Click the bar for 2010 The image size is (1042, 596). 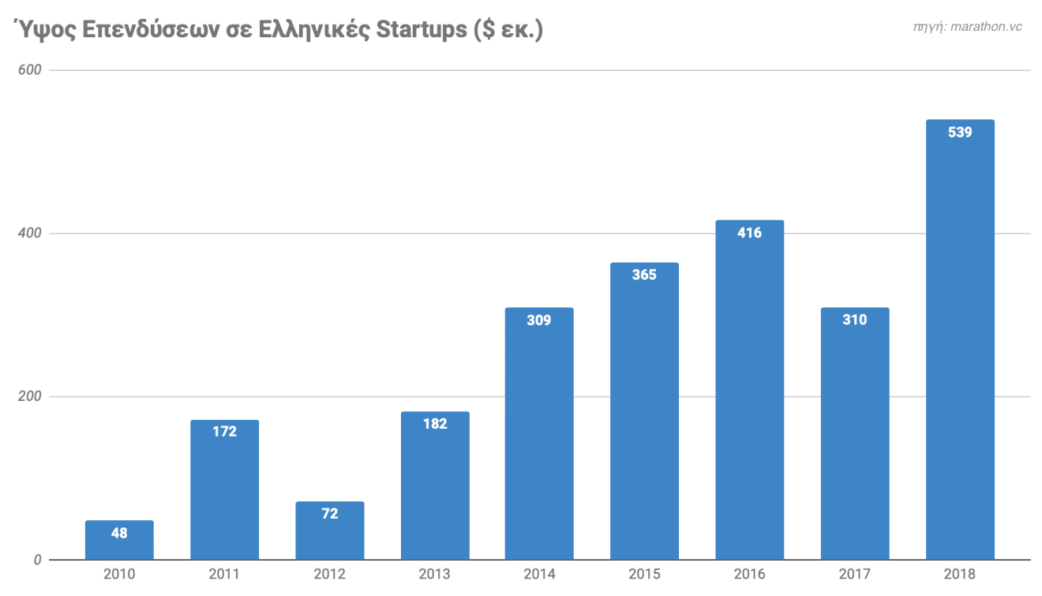(119, 541)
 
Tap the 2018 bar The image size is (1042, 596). (960, 339)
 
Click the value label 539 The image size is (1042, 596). (960, 133)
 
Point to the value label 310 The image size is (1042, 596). (854, 320)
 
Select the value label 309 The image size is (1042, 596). (539, 320)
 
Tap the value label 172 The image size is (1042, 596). (224, 432)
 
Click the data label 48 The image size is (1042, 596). (119, 533)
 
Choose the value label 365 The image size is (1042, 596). (644, 275)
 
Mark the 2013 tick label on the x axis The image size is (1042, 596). (435, 574)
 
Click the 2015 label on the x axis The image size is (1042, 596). (644, 574)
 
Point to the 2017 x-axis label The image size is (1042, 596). (854, 574)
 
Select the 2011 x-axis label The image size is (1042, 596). (224, 574)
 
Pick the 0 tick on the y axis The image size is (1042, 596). (37, 560)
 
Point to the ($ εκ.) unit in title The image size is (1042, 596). (509, 30)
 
